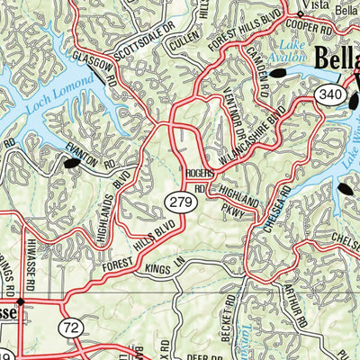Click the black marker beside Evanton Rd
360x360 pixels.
[x=70, y=164]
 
